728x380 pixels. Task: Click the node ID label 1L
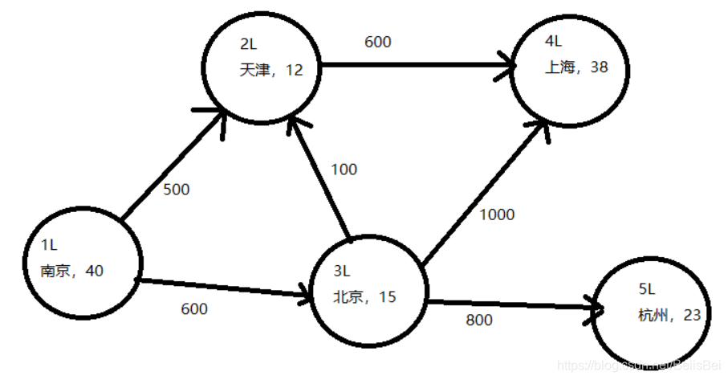point(49,243)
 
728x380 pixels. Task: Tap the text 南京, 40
point(71,272)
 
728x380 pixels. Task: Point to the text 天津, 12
point(271,70)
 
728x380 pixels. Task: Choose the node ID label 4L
point(552,40)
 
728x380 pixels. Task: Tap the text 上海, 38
point(576,67)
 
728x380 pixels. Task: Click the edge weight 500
point(176,190)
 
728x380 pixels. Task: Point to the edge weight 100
point(344,170)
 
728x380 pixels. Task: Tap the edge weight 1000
point(497,215)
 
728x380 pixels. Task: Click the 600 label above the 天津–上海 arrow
point(378,42)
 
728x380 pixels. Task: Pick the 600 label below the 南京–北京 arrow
point(194,309)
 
